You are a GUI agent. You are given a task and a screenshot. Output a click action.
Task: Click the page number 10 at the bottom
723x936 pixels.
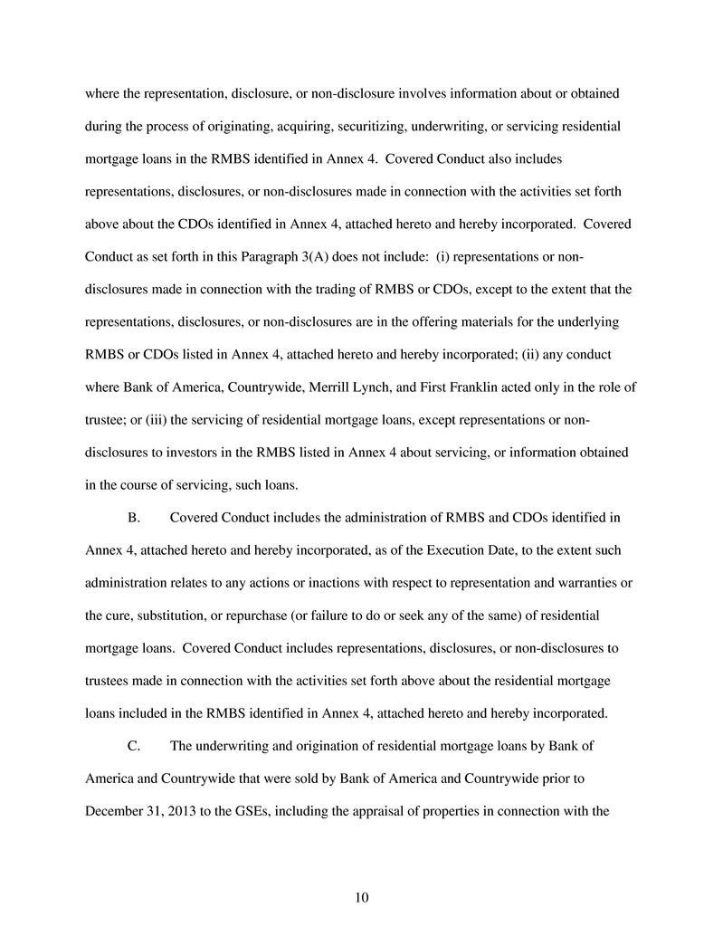click(361, 898)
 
